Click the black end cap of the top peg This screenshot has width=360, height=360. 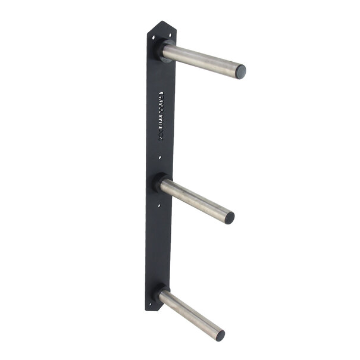[240, 72]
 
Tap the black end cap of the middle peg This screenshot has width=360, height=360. [229, 218]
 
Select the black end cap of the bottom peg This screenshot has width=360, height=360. [220, 335]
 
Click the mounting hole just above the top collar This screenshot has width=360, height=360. [164, 36]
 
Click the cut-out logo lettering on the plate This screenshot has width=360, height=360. [161, 116]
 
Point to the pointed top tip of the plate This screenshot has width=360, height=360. [162, 22]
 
